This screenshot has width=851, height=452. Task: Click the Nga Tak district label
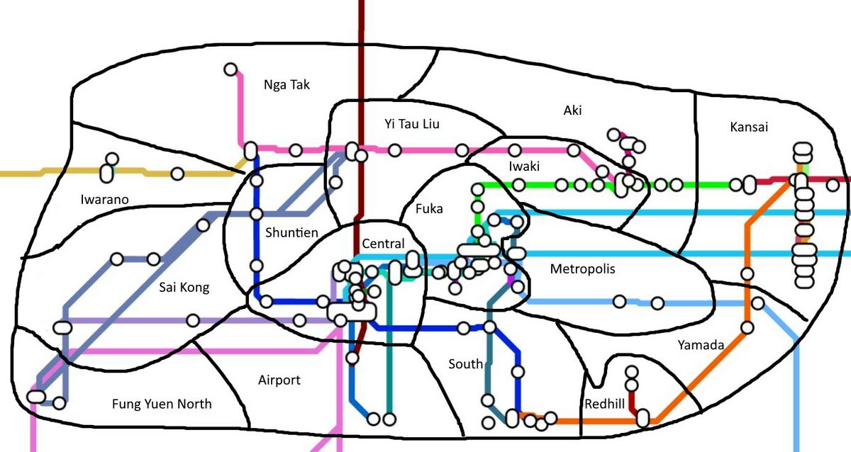pos(287,85)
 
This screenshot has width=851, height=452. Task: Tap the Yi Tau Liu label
pos(412,124)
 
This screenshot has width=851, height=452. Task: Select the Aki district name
pos(572,110)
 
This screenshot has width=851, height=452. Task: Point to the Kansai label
pos(749,128)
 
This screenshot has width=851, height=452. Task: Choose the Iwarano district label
pos(105,200)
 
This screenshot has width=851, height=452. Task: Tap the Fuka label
pos(429,209)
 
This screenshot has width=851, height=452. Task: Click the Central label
pos(383,244)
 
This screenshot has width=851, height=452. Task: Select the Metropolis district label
pos(582,269)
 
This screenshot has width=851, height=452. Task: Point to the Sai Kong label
pos(184,288)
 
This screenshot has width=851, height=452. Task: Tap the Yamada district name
pos(701,346)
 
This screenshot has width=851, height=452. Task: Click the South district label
pos(465,364)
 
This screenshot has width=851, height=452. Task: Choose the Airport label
pos(279,380)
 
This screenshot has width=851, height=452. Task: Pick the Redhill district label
pos(605,404)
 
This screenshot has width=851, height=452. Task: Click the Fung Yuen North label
pos(162,405)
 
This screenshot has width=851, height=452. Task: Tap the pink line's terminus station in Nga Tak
pos(230,69)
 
